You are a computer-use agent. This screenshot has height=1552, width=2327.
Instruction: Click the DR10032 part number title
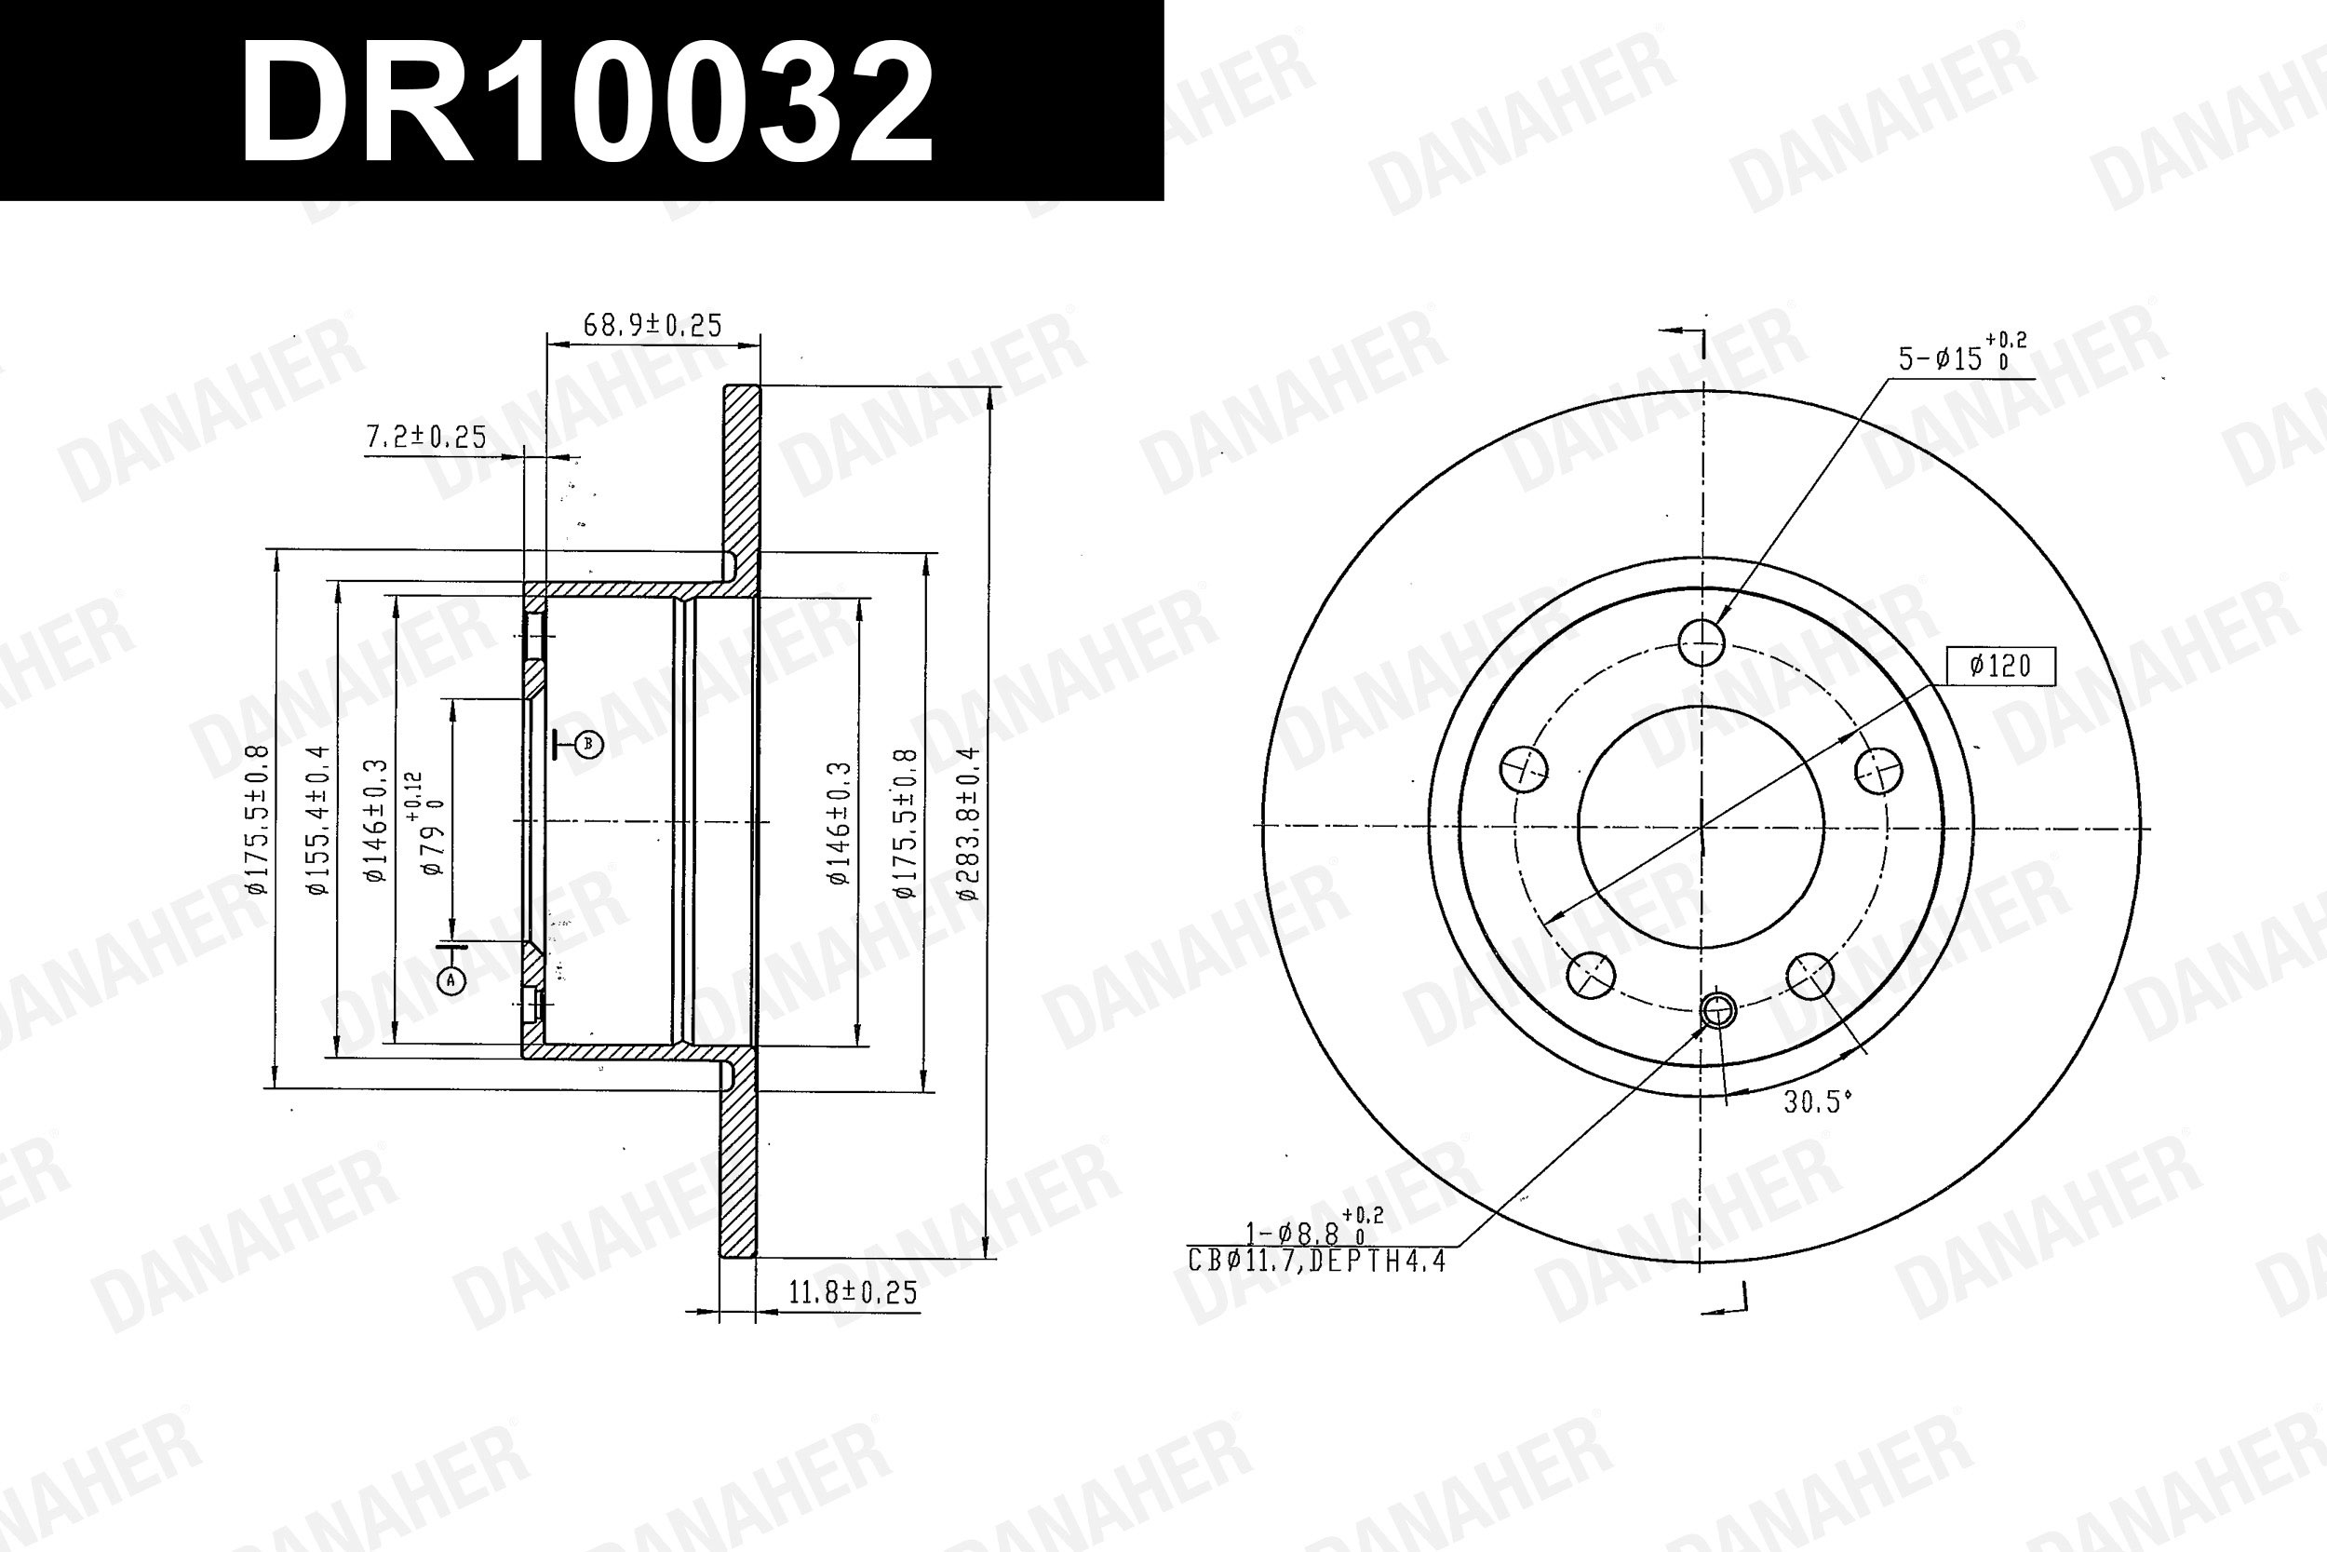pos(586,103)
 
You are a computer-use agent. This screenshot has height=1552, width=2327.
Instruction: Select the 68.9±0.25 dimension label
pos(652,325)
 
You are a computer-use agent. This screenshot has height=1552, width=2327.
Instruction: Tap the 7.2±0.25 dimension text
pos(426,437)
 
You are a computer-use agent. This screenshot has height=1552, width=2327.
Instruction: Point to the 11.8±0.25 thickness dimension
pos(853,1292)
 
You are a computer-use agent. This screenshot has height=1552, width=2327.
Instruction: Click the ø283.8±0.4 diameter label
pos(969,824)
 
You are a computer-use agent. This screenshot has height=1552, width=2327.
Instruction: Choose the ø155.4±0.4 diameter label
pos(317,820)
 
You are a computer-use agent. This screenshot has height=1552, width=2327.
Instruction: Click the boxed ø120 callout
pos(1999,665)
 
